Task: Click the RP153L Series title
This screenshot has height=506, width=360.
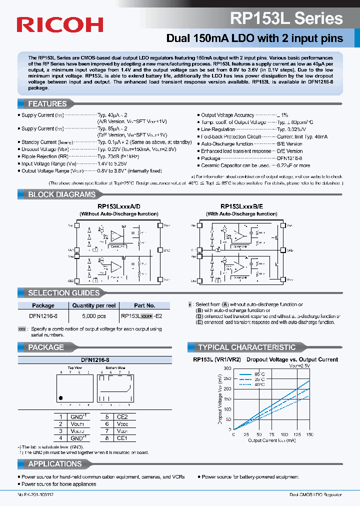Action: (286, 19)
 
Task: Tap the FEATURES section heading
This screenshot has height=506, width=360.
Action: (47, 104)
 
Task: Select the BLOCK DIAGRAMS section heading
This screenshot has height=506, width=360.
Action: (61, 194)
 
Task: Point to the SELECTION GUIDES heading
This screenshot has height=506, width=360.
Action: (63, 293)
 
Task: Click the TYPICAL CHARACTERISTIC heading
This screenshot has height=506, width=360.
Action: (246, 347)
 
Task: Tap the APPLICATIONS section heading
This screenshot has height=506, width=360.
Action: (55, 464)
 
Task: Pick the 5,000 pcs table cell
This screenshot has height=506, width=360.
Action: (94, 316)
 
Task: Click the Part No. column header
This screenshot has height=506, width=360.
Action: (145, 305)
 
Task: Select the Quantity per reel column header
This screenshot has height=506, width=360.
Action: (94, 305)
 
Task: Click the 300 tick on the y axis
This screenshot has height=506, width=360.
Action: (228, 368)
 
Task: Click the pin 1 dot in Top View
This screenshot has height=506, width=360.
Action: (61, 398)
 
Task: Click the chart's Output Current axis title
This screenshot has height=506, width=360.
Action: (272, 440)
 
